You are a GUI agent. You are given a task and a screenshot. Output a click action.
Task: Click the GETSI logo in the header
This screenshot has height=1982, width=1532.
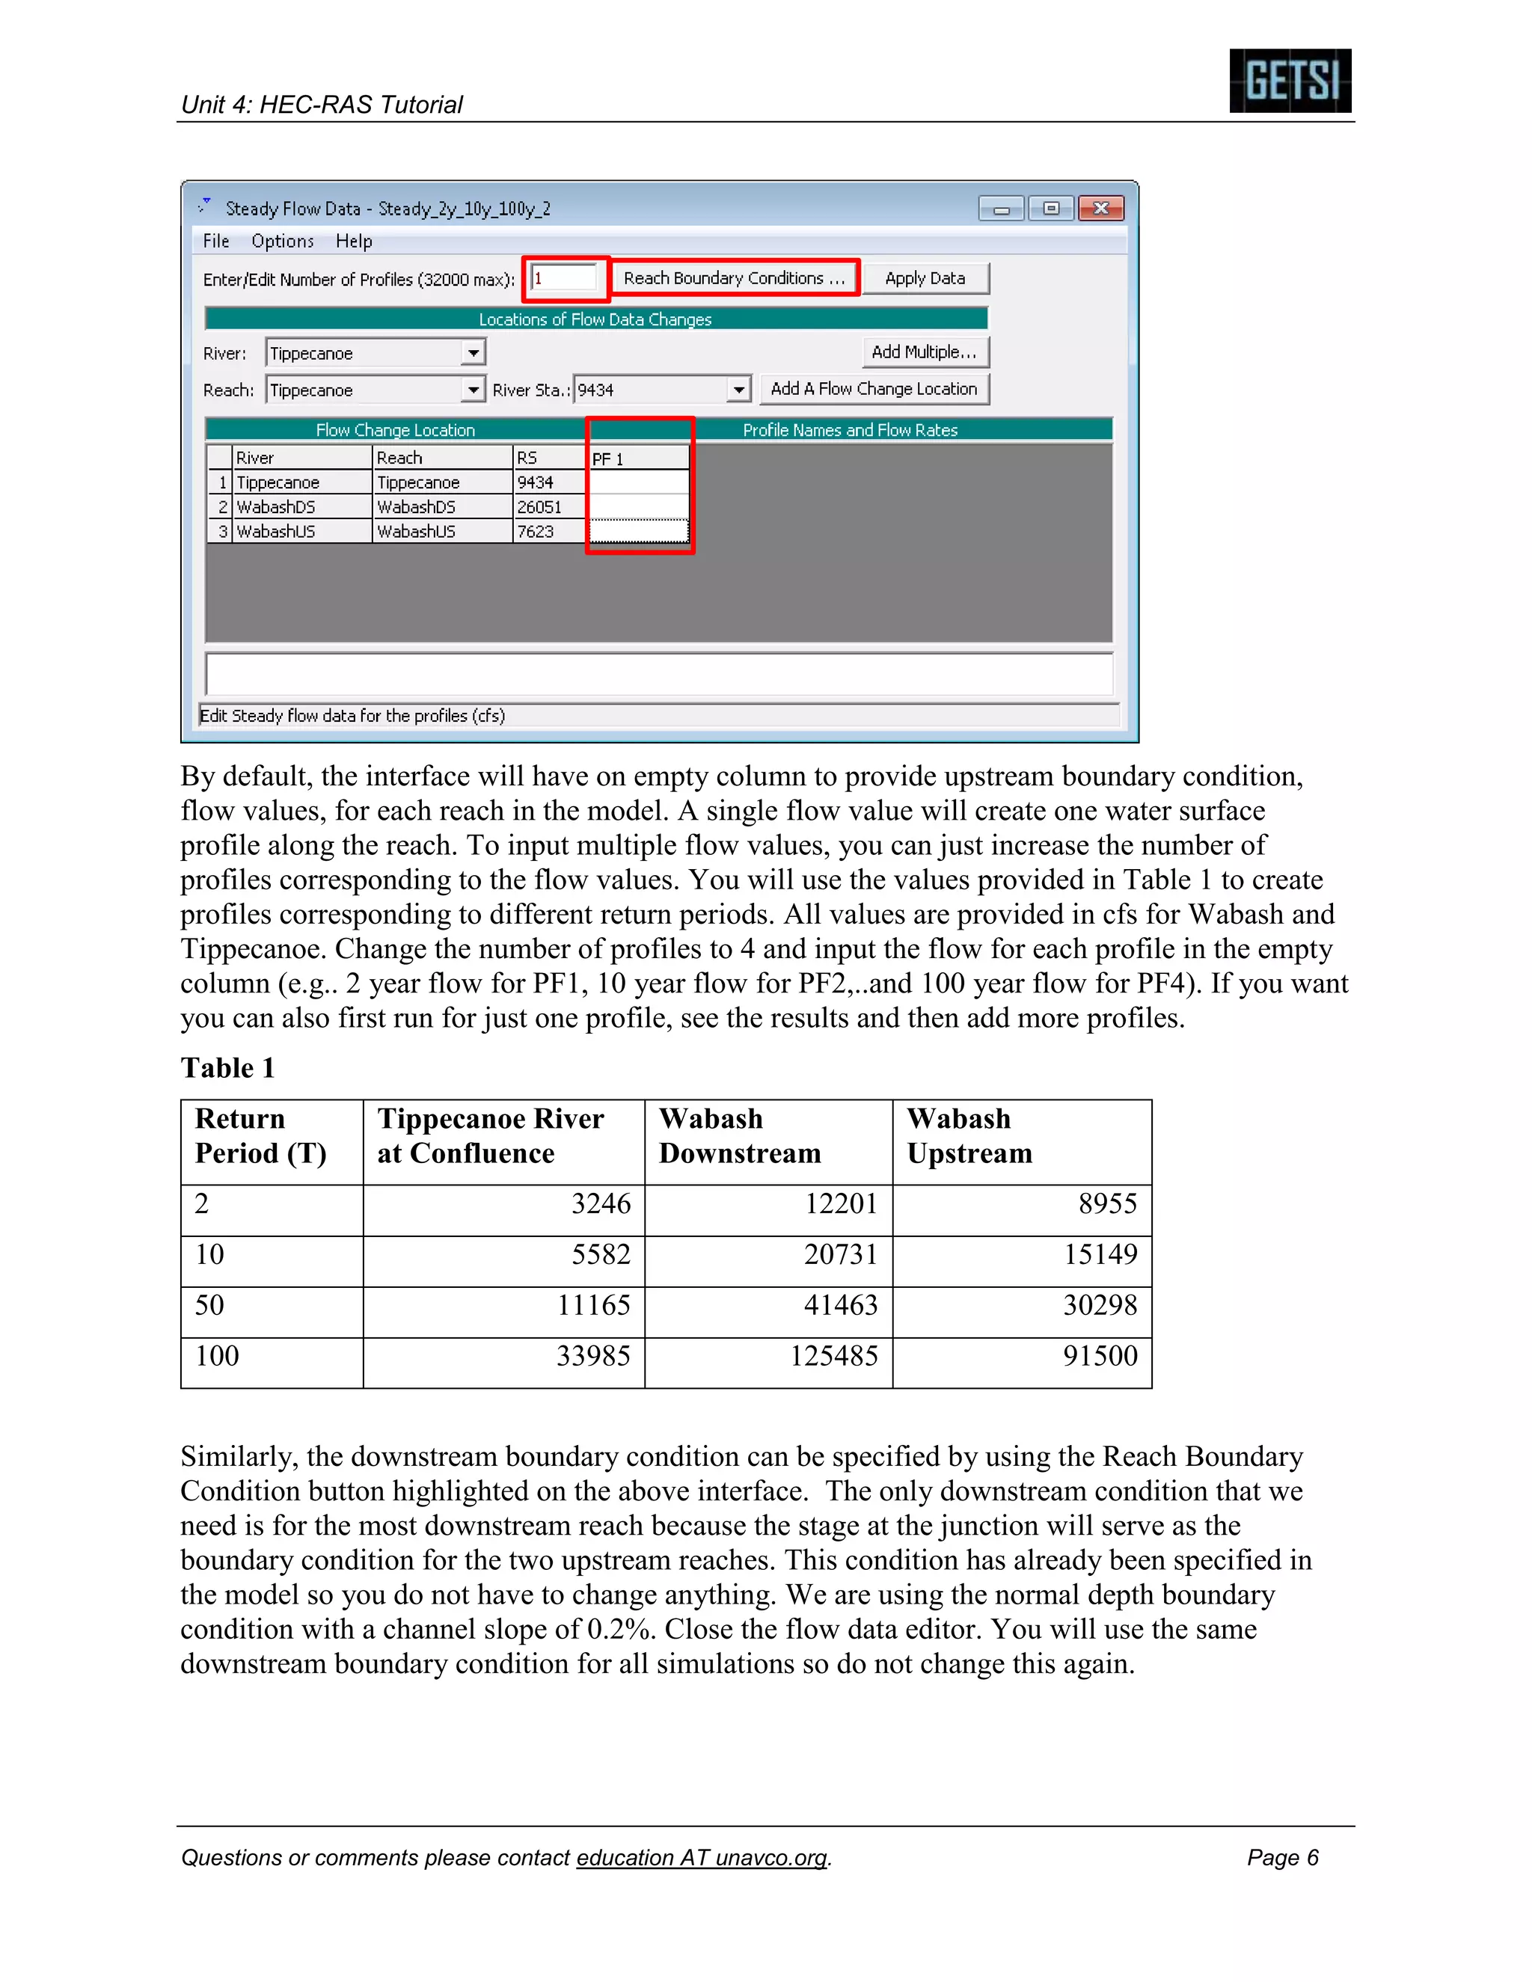(x=1289, y=81)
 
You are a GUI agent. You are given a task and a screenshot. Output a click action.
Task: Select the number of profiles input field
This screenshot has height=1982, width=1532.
(x=565, y=279)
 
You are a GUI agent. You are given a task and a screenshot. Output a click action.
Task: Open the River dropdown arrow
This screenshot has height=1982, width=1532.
(x=473, y=353)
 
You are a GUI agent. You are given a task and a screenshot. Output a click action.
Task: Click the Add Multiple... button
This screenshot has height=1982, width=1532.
(x=923, y=352)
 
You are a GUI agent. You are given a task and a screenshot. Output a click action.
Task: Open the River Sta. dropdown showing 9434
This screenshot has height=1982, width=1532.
(x=739, y=390)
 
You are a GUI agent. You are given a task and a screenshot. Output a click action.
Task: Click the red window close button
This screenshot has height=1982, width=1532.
(x=1101, y=209)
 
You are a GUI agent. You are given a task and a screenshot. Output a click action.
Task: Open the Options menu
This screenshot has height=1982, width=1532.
(x=282, y=242)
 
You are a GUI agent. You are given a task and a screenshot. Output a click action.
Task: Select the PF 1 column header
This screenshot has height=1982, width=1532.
(x=639, y=459)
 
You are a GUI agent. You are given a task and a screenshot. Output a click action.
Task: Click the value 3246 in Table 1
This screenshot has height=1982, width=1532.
(x=600, y=1204)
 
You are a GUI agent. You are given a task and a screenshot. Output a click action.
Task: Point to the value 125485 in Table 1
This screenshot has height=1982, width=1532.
(x=833, y=1356)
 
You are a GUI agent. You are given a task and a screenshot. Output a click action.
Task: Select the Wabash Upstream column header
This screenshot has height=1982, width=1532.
(x=969, y=1136)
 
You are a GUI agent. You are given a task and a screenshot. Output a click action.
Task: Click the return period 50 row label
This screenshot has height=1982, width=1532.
(x=209, y=1305)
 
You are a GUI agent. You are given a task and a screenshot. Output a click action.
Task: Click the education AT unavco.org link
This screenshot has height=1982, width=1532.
(x=702, y=1858)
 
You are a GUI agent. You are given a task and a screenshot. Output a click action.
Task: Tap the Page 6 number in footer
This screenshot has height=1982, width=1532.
(x=1281, y=1858)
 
